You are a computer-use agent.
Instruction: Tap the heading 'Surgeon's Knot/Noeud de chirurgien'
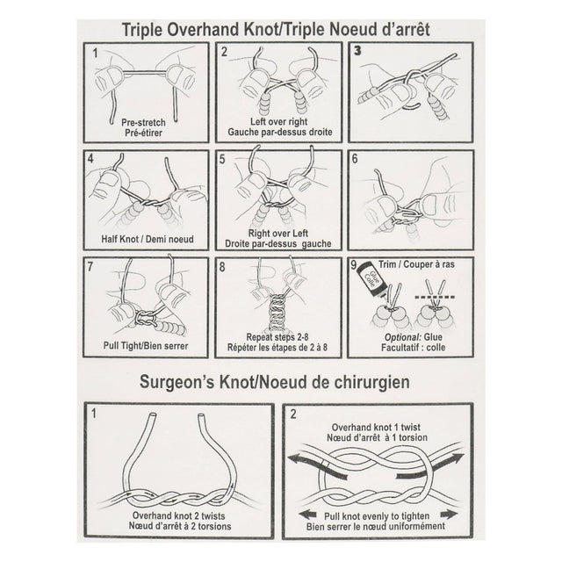click(280, 384)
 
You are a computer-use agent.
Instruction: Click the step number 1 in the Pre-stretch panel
click(96, 53)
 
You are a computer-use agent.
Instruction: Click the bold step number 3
click(357, 52)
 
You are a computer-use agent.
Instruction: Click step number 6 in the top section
click(355, 160)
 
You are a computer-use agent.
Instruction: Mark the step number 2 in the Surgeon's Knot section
click(292, 411)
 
